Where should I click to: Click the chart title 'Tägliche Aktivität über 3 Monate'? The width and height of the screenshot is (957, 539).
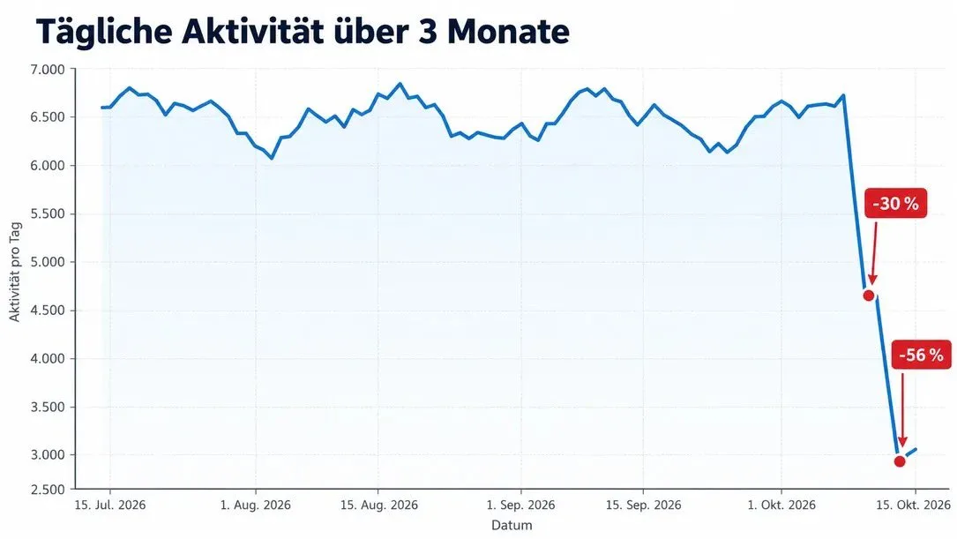point(303,31)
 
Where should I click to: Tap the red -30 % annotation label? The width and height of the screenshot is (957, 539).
point(895,203)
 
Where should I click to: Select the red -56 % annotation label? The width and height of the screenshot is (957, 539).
point(921,355)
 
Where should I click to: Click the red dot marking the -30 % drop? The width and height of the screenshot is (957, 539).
point(869,296)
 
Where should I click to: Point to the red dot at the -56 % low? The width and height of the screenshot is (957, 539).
point(900,460)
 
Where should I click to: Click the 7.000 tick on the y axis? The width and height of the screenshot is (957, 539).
point(48,70)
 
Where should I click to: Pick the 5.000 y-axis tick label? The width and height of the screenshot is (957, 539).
point(48,262)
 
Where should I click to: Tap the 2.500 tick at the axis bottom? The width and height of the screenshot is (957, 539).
point(48,489)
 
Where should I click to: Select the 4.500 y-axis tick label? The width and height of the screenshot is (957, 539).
point(48,311)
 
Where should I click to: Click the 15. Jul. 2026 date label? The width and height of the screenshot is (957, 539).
point(110,505)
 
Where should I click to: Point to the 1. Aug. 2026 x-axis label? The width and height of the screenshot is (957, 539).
point(255,505)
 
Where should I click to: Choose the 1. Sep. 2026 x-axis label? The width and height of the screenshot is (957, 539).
point(520,505)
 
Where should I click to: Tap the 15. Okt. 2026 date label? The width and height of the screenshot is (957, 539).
point(913,505)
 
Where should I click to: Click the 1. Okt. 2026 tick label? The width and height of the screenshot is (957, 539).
point(781,505)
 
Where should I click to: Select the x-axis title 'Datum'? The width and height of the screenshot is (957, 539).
point(512,525)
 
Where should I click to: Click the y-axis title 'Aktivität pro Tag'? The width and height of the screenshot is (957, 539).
point(15,272)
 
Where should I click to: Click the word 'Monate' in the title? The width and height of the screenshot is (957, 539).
point(508,32)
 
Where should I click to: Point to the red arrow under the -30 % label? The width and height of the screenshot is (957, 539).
point(874,251)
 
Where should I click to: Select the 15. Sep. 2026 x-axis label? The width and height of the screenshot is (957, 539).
point(643,505)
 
